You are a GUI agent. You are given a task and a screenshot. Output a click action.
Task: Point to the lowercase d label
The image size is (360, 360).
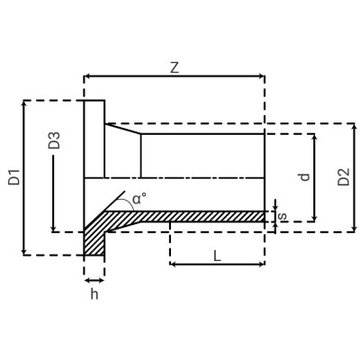tap(304, 176)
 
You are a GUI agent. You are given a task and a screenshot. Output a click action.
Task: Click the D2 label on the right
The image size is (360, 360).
tap(342, 176)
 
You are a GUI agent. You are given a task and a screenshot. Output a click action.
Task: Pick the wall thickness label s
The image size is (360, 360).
tap(283, 216)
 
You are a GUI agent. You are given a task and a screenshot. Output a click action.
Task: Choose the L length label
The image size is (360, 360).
tap(217, 256)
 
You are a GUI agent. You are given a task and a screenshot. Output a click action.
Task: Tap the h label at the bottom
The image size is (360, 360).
tap(94, 294)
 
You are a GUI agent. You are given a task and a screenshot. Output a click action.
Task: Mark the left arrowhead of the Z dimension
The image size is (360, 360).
tap(87, 77)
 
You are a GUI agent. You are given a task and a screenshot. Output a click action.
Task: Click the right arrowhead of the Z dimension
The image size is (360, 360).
tap(261, 77)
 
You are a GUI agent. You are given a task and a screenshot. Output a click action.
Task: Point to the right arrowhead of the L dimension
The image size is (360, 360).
tap(261, 265)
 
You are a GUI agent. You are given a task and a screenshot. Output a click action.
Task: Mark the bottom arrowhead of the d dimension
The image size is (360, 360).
tap(314, 218)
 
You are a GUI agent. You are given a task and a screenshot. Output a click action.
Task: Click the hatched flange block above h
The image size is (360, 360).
tap(94, 240)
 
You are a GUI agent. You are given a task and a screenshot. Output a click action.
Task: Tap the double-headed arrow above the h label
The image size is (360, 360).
tap(94, 280)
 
